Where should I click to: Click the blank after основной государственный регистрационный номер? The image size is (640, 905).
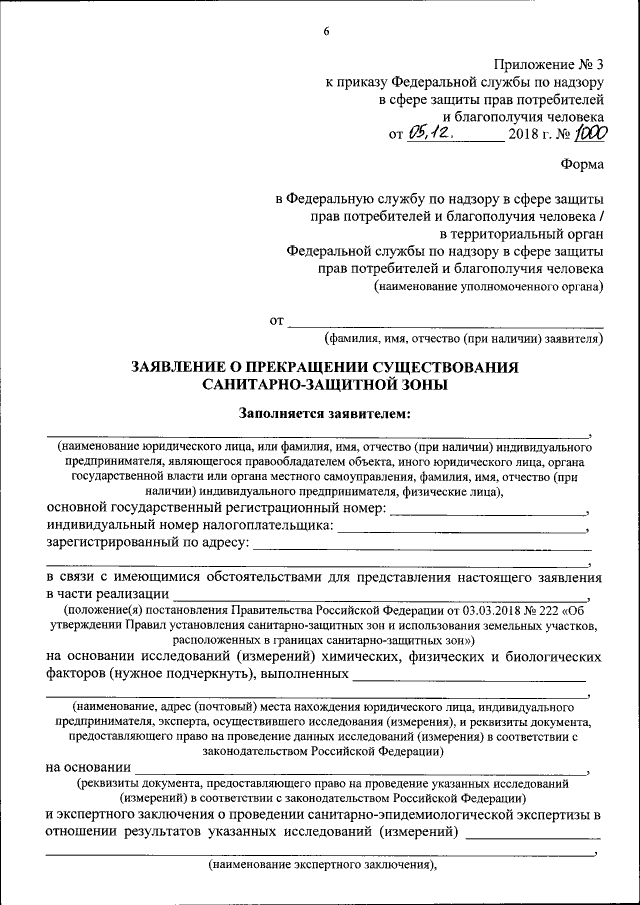point(488,512)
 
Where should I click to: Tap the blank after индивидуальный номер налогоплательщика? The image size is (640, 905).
point(461,529)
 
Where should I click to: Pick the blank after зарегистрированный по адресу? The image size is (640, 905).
point(420,547)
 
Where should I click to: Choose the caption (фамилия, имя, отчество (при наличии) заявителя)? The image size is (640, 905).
point(462,339)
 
